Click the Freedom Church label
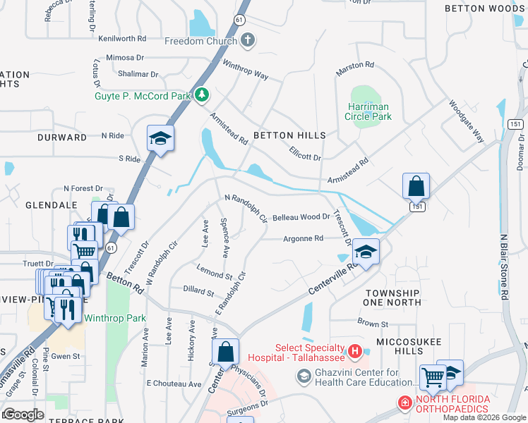tap(201, 41)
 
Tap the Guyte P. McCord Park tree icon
tap(203, 94)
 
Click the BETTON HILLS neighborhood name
tap(289, 135)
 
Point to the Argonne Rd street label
tap(303, 239)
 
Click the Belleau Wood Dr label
tap(301, 218)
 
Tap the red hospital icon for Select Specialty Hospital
tap(355, 350)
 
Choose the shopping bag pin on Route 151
tap(416, 187)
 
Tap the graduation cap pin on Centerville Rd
tap(365, 252)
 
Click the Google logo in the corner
tap(24, 414)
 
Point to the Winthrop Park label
tap(115, 318)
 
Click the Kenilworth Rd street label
tap(122, 38)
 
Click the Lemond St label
tap(215, 275)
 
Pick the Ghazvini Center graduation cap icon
tap(304, 378)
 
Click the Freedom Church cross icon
tap(247, 41)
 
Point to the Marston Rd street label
tap(355, 65)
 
